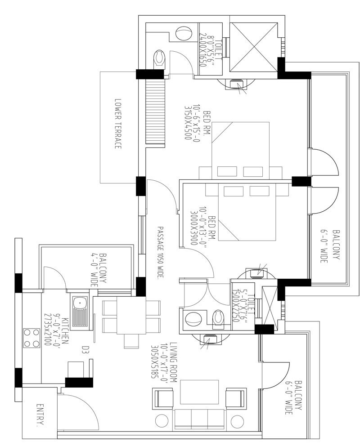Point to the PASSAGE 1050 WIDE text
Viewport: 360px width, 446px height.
[159, 251]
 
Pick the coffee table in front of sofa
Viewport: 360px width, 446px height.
[199, 392]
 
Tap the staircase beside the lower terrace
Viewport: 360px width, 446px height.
[155, 111]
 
